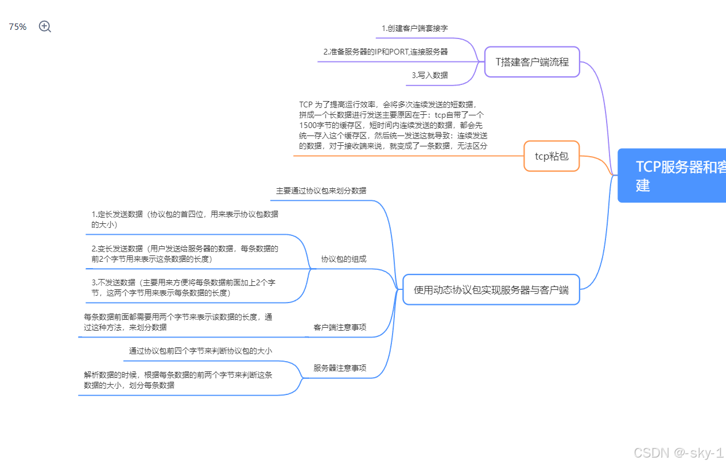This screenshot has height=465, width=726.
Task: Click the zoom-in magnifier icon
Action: coord(45,26)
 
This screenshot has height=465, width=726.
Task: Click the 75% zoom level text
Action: coord(18,27)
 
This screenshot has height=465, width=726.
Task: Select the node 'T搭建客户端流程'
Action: coord(532,61)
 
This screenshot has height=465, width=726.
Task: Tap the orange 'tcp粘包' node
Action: coord(552,156)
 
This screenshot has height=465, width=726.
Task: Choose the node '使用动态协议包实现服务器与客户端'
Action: coord(491,290)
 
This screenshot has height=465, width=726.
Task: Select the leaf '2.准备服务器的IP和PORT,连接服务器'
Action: coord(385,52)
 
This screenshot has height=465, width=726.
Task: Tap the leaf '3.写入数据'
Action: coord(429,75)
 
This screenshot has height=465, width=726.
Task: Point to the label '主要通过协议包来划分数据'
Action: coord(321,191)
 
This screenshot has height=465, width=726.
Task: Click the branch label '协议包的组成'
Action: coord(343,259)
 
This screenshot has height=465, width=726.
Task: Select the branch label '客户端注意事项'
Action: coord(340,328)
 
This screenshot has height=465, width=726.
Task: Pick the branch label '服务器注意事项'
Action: coord(340,368)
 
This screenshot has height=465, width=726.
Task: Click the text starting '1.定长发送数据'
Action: coord(185,219)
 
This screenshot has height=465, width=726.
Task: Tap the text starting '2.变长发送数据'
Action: coord(185,254)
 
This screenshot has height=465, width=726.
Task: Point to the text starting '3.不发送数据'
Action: coord(184,288)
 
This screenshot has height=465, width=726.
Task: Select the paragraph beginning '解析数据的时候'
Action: coord(178,380)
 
